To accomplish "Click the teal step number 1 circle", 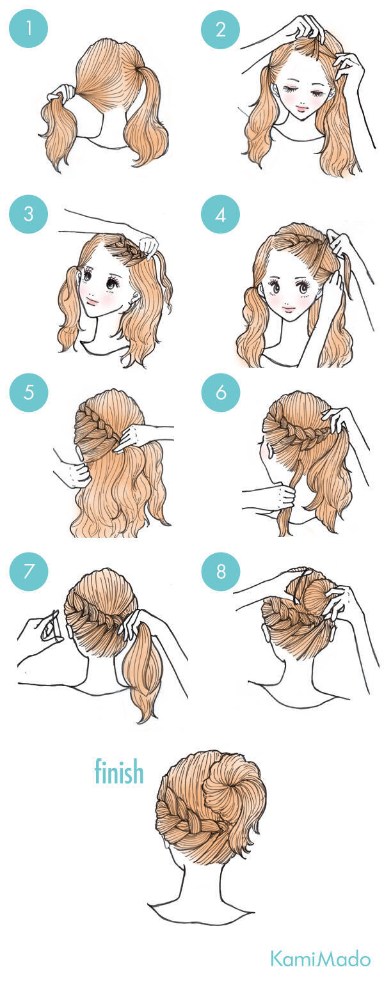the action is point(29,29).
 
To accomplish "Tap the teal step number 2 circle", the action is point(221,29).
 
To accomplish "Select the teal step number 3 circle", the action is point(29,214).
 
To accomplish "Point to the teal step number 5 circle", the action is point(29,392).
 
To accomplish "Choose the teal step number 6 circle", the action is point(221,392).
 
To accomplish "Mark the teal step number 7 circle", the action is point(29,572).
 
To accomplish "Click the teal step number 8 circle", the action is point(221,572).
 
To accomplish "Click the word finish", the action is point(119,771).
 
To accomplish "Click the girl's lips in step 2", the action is point(302,107).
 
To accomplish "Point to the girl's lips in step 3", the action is point(92,301).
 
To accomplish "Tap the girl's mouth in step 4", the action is point(289,309).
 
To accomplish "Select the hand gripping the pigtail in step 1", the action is point(61,93).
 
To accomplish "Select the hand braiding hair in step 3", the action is point(148,246).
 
